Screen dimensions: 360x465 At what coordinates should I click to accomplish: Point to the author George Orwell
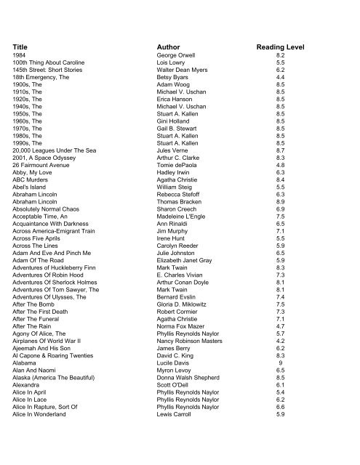tap(177, 54)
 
